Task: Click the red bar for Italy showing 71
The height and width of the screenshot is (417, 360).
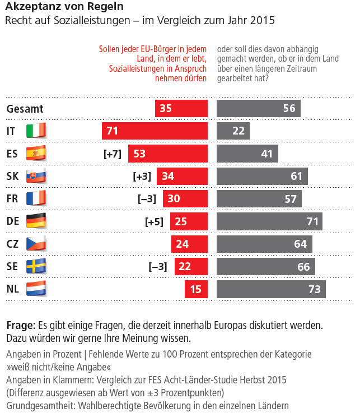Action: click(x=155, y=131)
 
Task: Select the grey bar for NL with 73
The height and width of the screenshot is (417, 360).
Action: click(x=271, y=289)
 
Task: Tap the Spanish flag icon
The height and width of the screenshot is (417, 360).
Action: click(x=37, y=154)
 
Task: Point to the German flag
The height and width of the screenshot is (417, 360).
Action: click(x=37, y=221)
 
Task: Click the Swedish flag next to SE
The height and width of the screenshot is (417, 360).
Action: click(x=37, y=266)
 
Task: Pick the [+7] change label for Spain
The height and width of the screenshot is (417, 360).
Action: click(x=113, y=154)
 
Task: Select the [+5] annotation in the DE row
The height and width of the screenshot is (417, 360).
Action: click(x=154, y=221)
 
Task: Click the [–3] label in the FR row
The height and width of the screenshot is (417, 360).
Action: click(x=147, y=199)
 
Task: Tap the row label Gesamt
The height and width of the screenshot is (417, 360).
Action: click(x=25, y=109)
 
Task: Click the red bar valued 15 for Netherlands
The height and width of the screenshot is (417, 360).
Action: click(x=196, y=289)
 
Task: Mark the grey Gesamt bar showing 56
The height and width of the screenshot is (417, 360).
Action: click(x=259, y=109)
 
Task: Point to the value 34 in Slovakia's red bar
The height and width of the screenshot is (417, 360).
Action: click(x=168, y=177)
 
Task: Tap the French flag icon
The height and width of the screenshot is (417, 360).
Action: click(x=37, y=198)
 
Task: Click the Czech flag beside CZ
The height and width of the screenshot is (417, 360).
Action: click(x=37, y=244)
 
